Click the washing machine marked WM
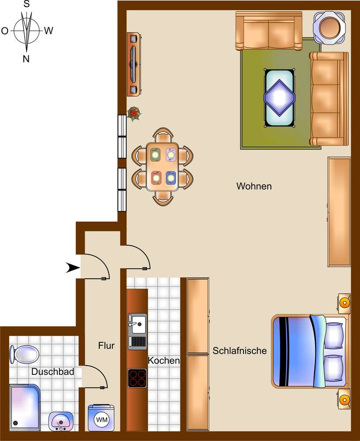[x=101, y=418]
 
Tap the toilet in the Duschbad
[x=25, y=354]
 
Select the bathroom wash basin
[x=60, y=421]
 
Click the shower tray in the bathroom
[x=25, y=407]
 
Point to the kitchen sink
[x=137, y=331]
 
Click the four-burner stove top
[x=137, y=378]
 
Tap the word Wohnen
[x=254, y=186]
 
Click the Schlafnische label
[x=240, y=351]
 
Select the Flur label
[x=106, y=345]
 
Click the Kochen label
[x=164, y=361]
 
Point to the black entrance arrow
[x=73, y=268]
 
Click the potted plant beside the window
[x=134, y=113]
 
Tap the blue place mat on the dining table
[x=171, y=178]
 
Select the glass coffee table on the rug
[x=279, y=97]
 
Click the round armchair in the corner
[x=330, y=27]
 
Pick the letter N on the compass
[x=26, y=59]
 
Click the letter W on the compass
[x=49, y=30]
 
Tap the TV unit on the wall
[x=134, y=64]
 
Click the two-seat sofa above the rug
[x=269, y=31]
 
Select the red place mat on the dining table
[x=156, y=178]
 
